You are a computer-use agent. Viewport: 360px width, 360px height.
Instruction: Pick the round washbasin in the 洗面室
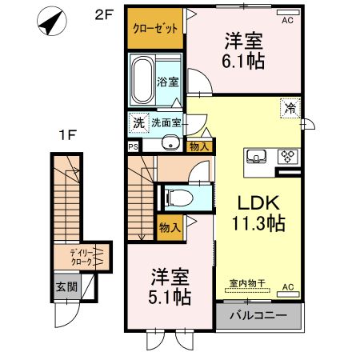(x=169, y=143)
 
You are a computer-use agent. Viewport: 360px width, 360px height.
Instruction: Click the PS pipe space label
(x=132, y=146)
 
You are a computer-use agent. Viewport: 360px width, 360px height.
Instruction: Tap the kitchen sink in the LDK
(x=257, y=156)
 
